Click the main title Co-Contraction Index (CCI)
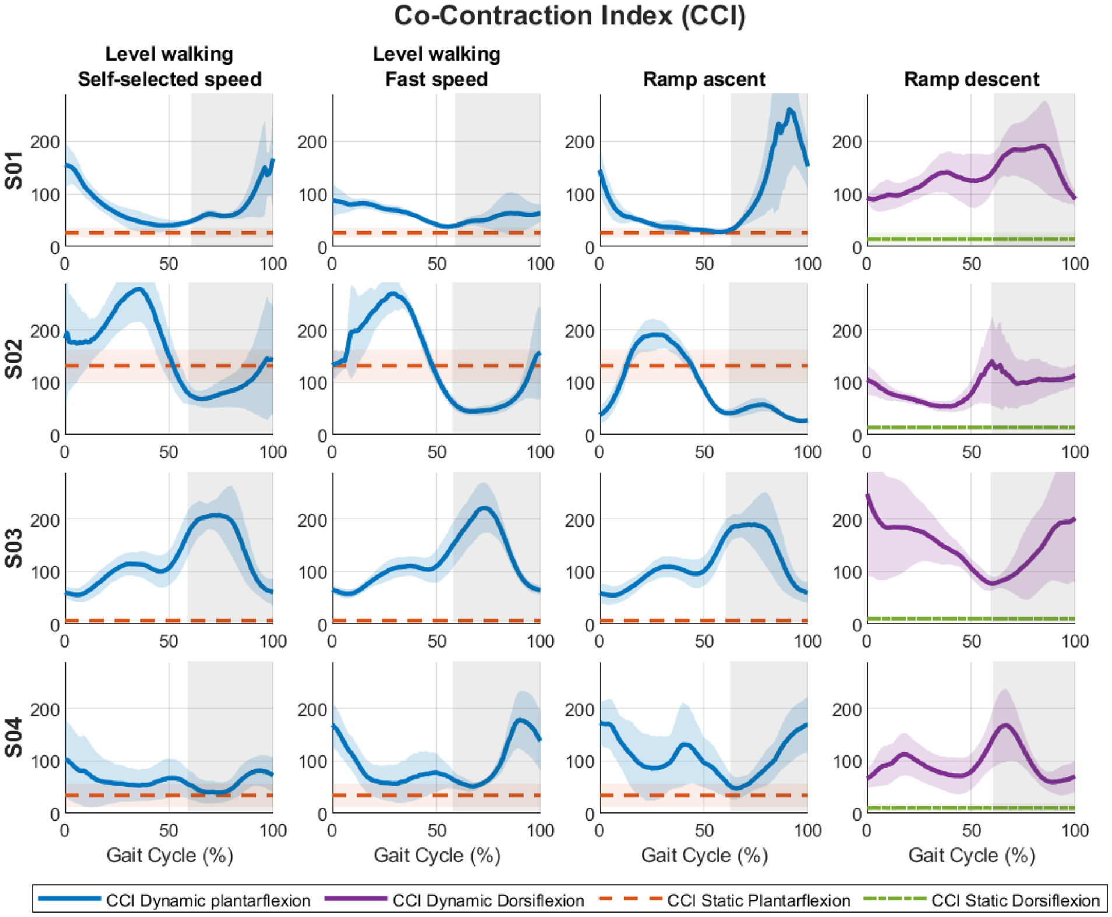[x=569, y=16]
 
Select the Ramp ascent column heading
[x=704, y=79]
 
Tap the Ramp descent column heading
[x=971, y=79]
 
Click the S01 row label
[x=13, y=170]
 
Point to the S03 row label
[x=13, y=548]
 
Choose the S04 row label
[x=13, y=737]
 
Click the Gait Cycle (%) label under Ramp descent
[x=971, y=855]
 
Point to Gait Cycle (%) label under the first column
[x=170, y=855]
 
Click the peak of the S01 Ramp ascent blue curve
[x=790, y=110]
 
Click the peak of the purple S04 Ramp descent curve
[x=1005, y=725]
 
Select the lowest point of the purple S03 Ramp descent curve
[x=992, y=583]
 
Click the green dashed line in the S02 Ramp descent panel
[x=971, y=428]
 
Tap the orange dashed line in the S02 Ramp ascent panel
[x=704, y=366]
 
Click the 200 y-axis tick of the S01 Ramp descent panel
[x=847, y=142]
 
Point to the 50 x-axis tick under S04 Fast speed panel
[x=437, y=829]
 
